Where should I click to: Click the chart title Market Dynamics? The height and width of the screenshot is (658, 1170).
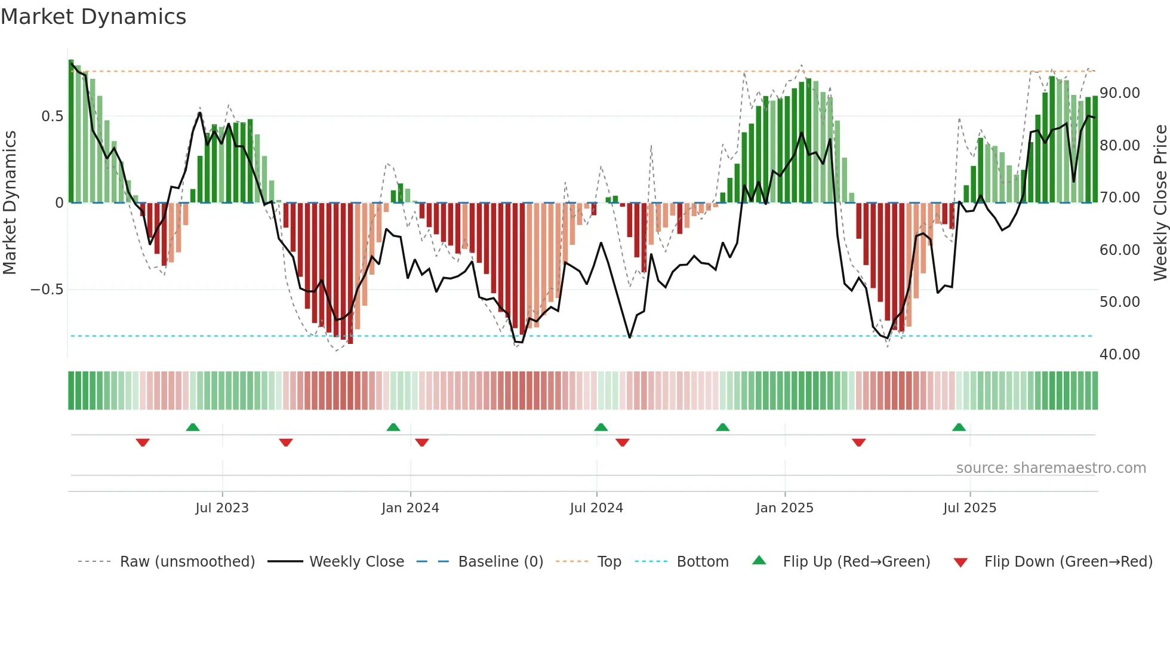pos(93,17)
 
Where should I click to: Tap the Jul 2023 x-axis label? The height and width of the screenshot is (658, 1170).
pos(222,508)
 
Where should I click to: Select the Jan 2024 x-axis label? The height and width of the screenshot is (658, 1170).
pos(410,508)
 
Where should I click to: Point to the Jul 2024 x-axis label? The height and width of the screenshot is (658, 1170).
pos(596,508)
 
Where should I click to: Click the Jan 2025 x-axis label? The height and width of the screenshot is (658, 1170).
pos(784,508)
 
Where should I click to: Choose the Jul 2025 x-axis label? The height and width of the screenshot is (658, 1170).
pos(969,508)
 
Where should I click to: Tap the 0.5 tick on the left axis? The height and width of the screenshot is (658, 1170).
pos(52,116)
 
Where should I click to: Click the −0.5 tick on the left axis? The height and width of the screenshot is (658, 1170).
pos(47,290)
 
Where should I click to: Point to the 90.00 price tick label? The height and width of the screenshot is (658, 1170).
pos(1120,93)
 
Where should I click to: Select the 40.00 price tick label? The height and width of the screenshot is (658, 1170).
pos(1120,355)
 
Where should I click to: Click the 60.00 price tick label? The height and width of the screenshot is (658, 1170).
pos(1120,250)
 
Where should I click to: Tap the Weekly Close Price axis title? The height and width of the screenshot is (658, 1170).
pos(1160,202)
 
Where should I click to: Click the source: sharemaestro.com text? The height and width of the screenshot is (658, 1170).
pos(1051,468)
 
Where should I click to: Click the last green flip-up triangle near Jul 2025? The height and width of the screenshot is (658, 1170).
pos(959,428)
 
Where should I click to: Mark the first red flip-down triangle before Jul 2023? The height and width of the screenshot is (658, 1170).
pos(143,442)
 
